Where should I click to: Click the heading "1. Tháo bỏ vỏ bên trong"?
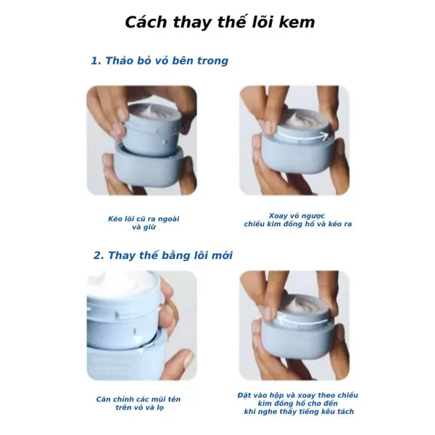tap(159, 61)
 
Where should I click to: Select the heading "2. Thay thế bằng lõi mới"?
tap(163, 255)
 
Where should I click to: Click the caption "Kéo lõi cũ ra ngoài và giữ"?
tap(144, 223)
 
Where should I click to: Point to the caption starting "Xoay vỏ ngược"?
tap(298, 220)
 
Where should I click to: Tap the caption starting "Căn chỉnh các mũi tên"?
tap(138, 403)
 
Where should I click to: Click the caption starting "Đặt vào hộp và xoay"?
tap(298, 403)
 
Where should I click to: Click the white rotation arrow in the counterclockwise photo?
tap(302, 137)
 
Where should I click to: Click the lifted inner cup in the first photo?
tap(152, 128)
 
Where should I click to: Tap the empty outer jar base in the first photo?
tap(149, 167)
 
